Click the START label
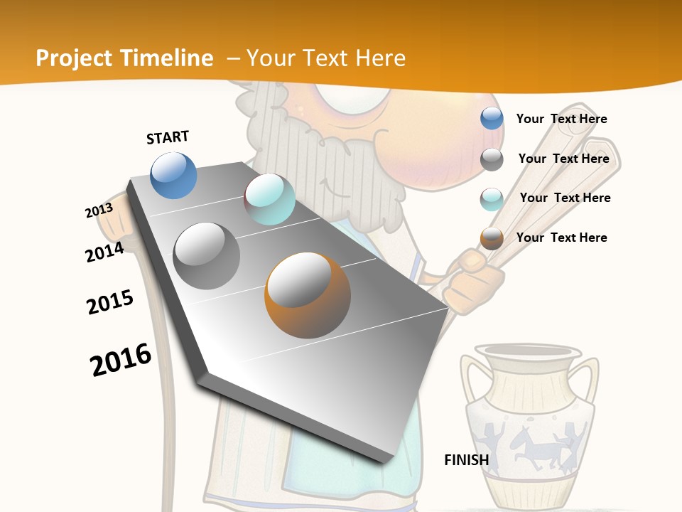point(168,137)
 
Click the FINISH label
point(466,460)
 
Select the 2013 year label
point(99,210)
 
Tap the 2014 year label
point(104,252)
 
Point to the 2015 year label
point(110,302)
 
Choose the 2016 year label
point(121,360)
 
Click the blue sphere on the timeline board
point(173,176)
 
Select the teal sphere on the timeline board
point(269,199)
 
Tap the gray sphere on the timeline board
point(206,256)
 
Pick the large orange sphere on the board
point(307,295)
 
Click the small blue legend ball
point(492,119)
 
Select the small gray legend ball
point(492,159)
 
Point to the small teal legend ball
point(492,199)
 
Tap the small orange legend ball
point(492,238)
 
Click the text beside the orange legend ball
point(561,238)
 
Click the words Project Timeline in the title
point(124,58)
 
